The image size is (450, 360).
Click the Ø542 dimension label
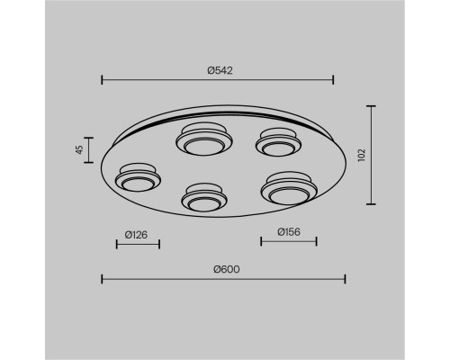tap(220, 70)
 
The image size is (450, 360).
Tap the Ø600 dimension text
tap(227, 269)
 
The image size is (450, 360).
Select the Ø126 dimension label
tap(136, 235)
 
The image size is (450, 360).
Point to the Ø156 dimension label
tap(289, 232)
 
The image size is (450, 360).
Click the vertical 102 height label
tap(362, 155)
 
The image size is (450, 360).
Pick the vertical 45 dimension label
tap(79, 149)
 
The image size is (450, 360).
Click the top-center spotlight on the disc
tap(204, 139)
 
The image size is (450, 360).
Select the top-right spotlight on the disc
tap(279, 142)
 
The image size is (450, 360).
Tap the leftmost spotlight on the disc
tap(138, 177)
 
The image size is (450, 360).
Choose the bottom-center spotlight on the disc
tap(204, 198)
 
